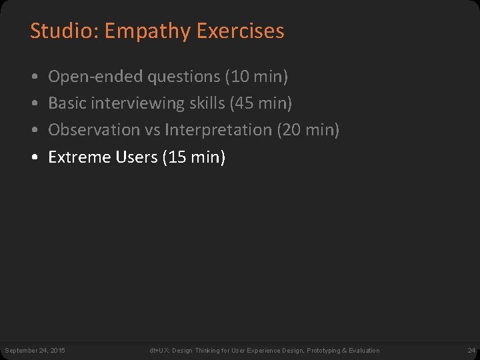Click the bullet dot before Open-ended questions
(x=34, y=77)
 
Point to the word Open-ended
(x=96, y=77)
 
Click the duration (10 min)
(x=257, y=77)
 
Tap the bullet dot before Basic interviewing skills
(x=34, y=104)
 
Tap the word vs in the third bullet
(x=151, y=130)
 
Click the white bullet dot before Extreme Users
(x=34, y=158)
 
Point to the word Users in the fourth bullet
(x=136, y=157)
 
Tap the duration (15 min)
(x=194, y=157)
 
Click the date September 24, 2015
(x=35, y=350)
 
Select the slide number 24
(x=471, y=350)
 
